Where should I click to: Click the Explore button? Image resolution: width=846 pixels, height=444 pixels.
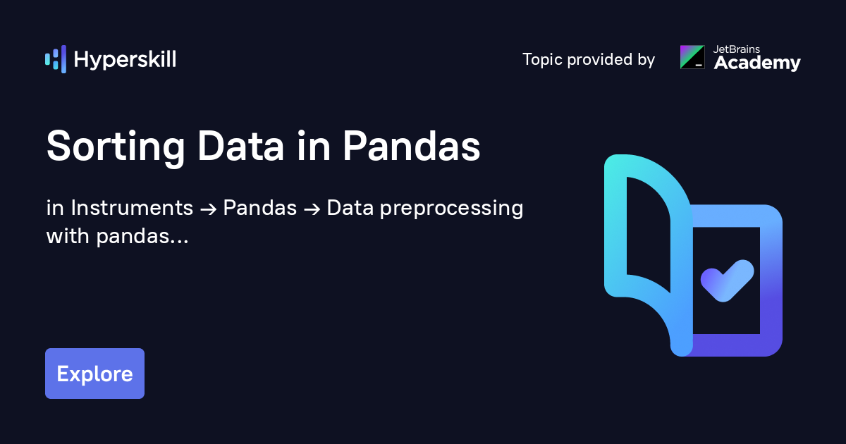pyautogui.click(x=94, y=374)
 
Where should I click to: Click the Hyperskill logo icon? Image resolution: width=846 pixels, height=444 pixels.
pyautogui.click(x=55, y=59)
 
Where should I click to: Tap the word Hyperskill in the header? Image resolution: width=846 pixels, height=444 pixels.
pyautogui.click(x=125, y=60)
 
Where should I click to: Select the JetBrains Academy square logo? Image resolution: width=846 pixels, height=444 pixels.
pyautogui.click(x=692, y=57)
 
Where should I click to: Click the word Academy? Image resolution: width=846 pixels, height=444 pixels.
pyautogui.click(x=757, y=63)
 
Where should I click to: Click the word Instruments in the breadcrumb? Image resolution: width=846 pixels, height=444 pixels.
pyautogui.click(x=132, y=208)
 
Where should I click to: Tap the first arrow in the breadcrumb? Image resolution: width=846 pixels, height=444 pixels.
pyautogui.click(x=209, y=209)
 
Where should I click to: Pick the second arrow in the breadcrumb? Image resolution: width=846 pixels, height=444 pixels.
pyautogui.click(x=312, y=209)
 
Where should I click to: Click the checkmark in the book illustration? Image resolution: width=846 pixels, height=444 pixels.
pyautogui.click(x=726, y=280)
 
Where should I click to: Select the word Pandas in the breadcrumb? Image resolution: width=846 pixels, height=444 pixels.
pyautogui.click(x=260, y=208)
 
